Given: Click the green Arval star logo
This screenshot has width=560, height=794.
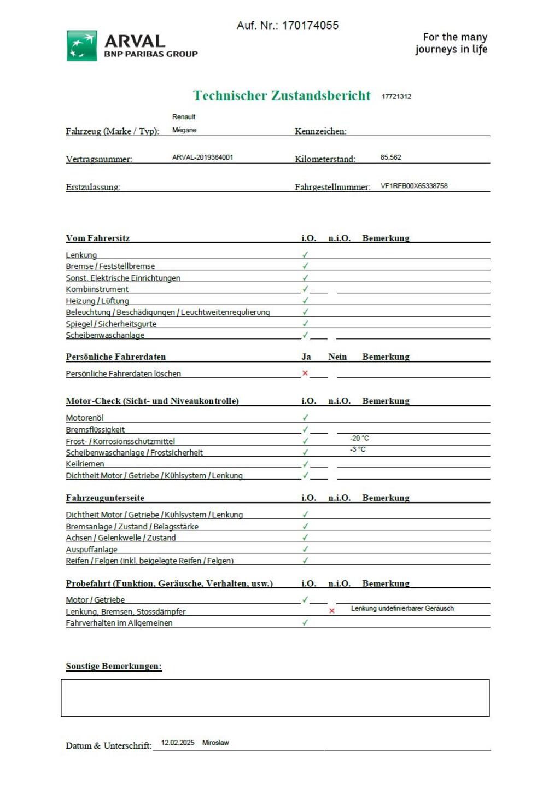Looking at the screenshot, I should [82, 46].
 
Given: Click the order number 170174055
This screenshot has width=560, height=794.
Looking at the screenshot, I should [310, 26].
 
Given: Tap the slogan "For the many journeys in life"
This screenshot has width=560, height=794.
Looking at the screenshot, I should [451, 43].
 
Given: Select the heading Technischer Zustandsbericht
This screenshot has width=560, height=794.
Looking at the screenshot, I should [282, 96].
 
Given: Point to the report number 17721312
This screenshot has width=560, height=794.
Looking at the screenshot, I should [396, 97].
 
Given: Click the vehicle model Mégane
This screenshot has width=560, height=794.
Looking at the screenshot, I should [184, 130].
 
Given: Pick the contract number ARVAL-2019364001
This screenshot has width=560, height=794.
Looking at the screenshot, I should [203, 157].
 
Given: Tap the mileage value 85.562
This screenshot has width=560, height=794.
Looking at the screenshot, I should [390, 157].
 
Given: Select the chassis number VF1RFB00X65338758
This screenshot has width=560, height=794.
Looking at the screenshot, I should [414, 186].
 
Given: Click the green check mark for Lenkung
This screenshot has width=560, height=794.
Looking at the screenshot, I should [305, 255].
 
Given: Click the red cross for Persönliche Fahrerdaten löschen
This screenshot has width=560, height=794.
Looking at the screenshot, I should [305, 373].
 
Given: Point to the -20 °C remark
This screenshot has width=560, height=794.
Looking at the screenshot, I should [359, 438].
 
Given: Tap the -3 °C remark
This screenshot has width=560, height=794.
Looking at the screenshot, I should [358, 449].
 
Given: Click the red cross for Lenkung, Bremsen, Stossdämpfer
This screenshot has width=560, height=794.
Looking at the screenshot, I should [332, 611].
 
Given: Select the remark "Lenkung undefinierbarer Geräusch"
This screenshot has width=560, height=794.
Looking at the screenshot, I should [402, 609].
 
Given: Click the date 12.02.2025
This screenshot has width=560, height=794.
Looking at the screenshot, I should [178, 743].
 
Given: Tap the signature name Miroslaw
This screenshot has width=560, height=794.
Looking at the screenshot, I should [215, 743].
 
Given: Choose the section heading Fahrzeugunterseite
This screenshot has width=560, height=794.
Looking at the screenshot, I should [105, 498].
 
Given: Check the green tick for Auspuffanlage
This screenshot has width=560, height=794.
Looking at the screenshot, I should [305, 549].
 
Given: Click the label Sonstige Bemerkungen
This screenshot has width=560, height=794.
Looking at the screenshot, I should [114, 667].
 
